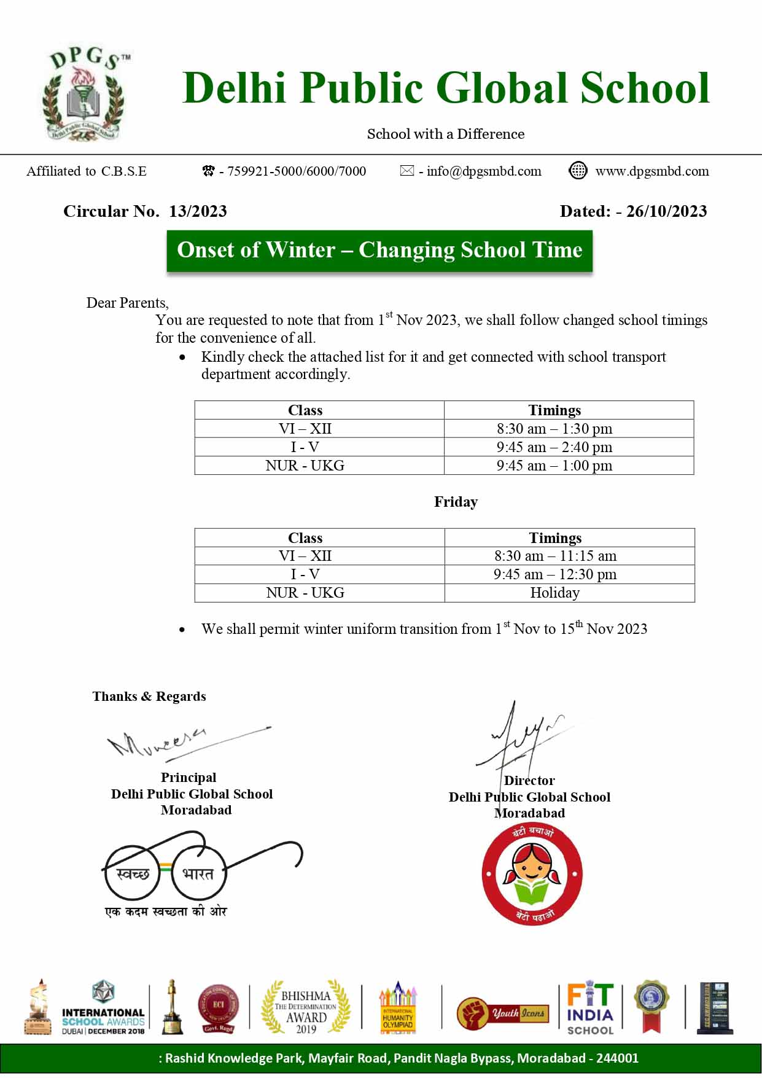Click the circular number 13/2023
coord(198,211)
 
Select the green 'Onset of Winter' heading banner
coord(379,250)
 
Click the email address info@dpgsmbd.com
coord(484,171)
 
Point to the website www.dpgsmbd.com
coord(651,171)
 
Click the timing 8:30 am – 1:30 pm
coord(554,429)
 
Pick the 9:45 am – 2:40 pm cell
coord(554,447)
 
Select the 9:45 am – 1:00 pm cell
coord(554,466)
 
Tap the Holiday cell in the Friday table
coord(554,593)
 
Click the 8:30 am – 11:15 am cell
coord(555,556)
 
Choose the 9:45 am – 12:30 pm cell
coord(555,574)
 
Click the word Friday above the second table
coord(456,502)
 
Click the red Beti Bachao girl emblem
coord(532,874)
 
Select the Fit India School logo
coord(589,1007)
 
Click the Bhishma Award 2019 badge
coord(305,1007)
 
